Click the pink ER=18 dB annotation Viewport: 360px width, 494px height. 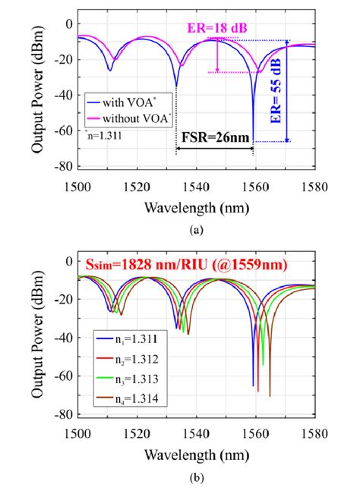(206, 28)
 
